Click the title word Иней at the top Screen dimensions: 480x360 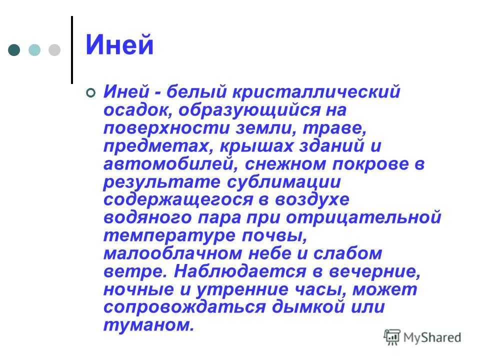pos(119,44)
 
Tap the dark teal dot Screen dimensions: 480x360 pos(14,50)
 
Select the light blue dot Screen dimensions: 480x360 pos(34,50)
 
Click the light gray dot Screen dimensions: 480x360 pos(54,50)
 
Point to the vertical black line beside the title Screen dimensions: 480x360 pos(72,50)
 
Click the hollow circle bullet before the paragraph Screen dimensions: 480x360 pos(91,92)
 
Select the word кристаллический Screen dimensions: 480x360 pos(316,91)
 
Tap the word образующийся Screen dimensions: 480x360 pos(249,110)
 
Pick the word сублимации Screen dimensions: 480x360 pos(284,182)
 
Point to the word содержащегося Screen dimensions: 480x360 pos(178,200)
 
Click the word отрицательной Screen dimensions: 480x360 pos(363,218)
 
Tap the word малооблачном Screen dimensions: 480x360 pos(173,253)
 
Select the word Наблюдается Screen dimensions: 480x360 pos(240,272)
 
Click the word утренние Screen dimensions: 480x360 pos(242,290)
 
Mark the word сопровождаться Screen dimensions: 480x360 pos(184,307)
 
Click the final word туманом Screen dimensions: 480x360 pos(149,325)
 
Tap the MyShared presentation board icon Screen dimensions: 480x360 pos(392,337)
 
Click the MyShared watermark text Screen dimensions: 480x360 pos(432,337)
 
